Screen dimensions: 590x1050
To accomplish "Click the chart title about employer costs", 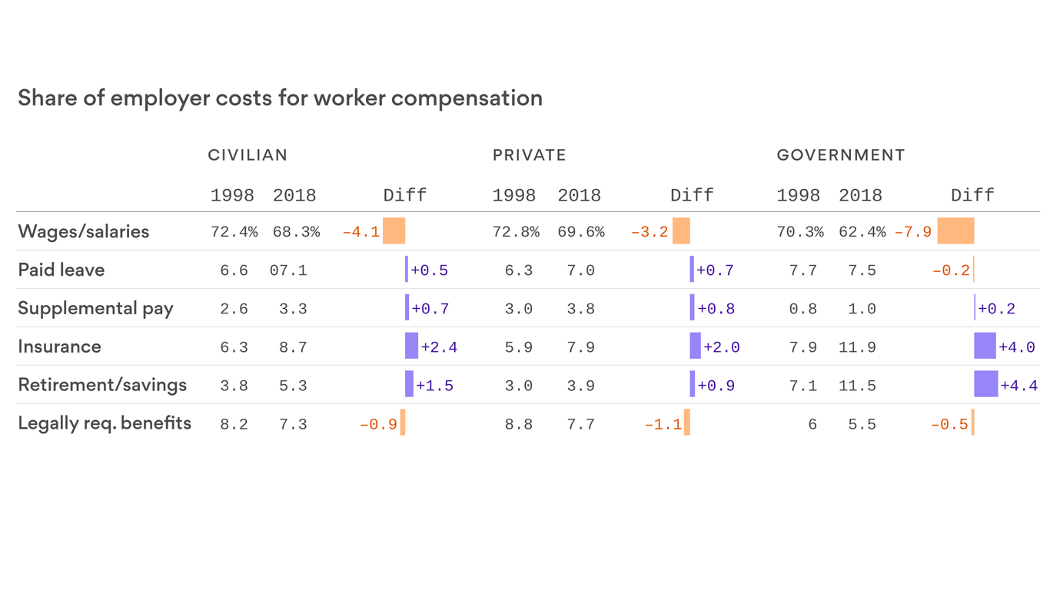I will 280,98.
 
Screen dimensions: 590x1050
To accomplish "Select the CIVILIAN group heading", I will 248,155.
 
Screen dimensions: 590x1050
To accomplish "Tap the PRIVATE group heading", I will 529,155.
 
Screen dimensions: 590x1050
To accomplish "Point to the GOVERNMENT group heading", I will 841,155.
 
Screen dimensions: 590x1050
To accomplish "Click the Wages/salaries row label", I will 84,231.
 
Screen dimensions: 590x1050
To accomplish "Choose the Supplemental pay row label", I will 95,308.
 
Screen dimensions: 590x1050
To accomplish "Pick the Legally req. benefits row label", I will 105,423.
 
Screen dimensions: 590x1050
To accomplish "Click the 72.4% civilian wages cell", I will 234,232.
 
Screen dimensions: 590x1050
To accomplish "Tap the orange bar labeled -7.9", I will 955,231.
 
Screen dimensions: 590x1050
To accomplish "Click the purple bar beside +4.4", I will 985,384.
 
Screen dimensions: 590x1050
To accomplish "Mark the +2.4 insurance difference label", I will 439,347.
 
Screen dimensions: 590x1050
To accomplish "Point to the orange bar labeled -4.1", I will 394,231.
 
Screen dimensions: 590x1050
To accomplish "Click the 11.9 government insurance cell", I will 857,347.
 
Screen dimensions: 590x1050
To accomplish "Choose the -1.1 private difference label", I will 663,424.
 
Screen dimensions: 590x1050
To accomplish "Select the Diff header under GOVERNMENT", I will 972,195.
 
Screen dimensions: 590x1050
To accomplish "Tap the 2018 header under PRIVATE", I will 579,195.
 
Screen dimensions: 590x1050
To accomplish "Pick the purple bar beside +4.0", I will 985,346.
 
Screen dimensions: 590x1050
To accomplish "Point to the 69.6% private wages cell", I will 580,232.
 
